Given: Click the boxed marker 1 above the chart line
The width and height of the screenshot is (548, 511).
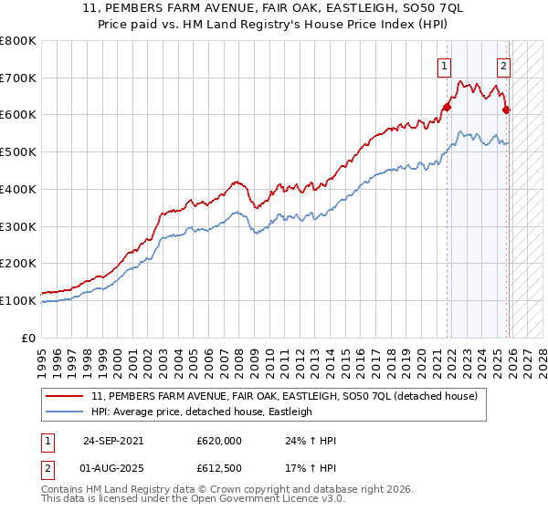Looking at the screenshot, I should pyautogui.click(x=444, y=65).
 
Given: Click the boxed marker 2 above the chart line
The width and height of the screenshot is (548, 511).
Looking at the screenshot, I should pyautogui.click(x=503, y=65).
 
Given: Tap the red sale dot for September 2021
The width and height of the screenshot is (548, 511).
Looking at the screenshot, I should pyautogui.click(x=448, y=108).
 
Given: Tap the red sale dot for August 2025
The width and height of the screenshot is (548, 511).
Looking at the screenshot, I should pyautogui.click(x=507, y=110).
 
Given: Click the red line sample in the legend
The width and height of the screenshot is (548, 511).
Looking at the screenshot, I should pyautogui.click(x=66, y=397).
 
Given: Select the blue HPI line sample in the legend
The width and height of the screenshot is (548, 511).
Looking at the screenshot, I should pyautogui.click(x=66, y=412).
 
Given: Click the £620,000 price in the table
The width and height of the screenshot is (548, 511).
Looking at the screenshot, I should pyautogui.click(x=218, y=440).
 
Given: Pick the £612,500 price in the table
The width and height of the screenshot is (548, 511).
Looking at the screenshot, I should pyautogui.click(x=218, y=469).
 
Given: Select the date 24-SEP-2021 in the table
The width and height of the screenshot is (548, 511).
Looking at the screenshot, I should pyautogui.click(x=113, y=440).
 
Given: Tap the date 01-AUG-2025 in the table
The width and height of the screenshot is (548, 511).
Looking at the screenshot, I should pyautogui.click(x=113, y=469).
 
